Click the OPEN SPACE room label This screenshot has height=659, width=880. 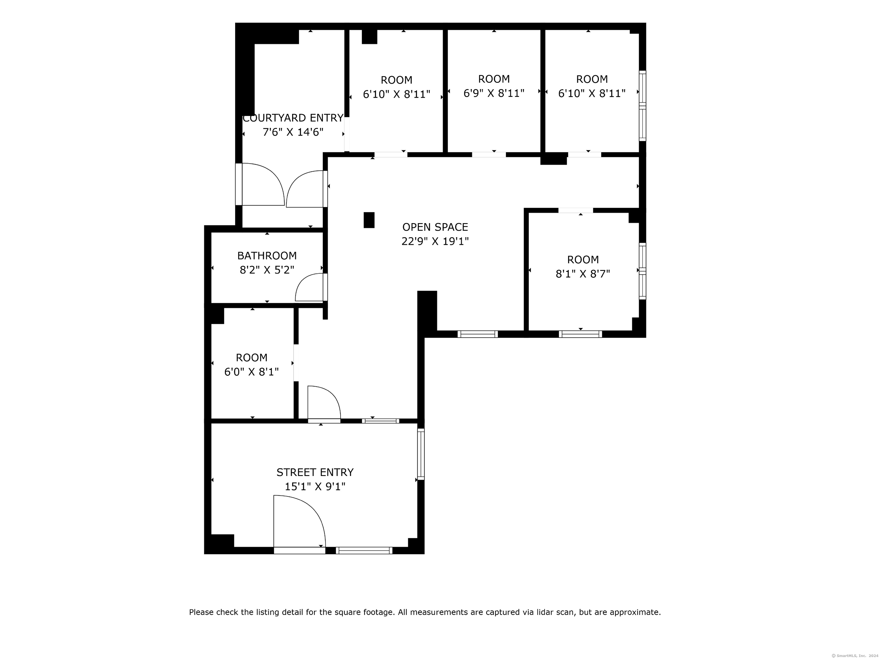[x=435, y=227]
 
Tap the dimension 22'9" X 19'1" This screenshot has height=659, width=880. [x=435, y=241]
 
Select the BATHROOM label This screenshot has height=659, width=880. [x=267, y=255]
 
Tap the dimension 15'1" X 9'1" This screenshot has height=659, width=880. [x=315, y=486]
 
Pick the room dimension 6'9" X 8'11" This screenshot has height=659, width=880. [x=494, y=93]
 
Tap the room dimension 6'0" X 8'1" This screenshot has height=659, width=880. [x=252, y=372]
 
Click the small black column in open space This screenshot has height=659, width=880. [x=369, y=220]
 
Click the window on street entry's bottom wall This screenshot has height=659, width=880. [x=364, y=550]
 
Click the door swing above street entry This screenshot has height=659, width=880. [x=324, y=402]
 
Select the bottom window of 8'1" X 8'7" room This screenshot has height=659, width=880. [x=580, y=334]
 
